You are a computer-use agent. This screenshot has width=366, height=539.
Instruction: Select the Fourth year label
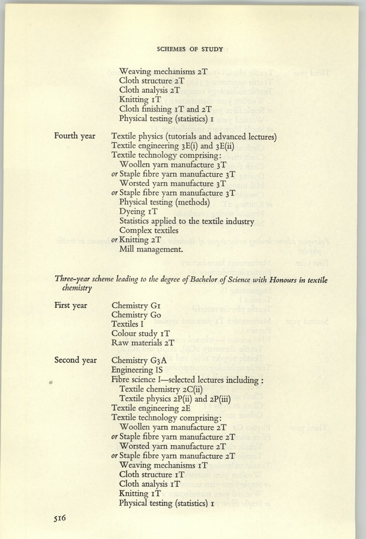click(74, 136)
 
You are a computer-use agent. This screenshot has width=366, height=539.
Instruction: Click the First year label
click(71, 305)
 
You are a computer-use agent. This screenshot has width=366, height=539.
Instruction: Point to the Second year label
click(76, 360)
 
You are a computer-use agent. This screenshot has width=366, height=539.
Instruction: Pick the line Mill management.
click(151, 249)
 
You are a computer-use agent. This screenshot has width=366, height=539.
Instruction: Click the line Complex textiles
click(149, 230)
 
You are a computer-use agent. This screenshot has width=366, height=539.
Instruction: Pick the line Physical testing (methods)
click(164, 202)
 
